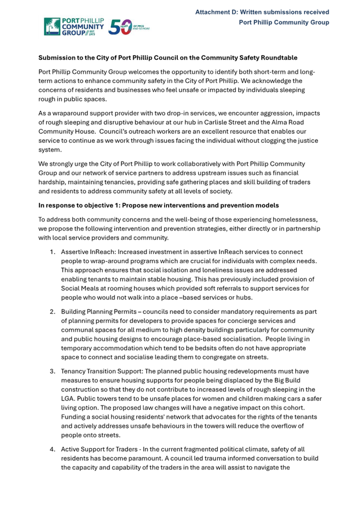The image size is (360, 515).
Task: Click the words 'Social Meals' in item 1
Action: pos(82,288)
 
